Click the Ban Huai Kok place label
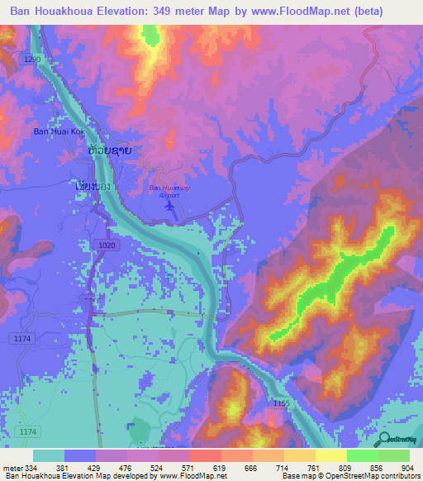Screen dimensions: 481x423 59,131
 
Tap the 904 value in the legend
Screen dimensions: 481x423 409,469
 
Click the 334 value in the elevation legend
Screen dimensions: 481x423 32,469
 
